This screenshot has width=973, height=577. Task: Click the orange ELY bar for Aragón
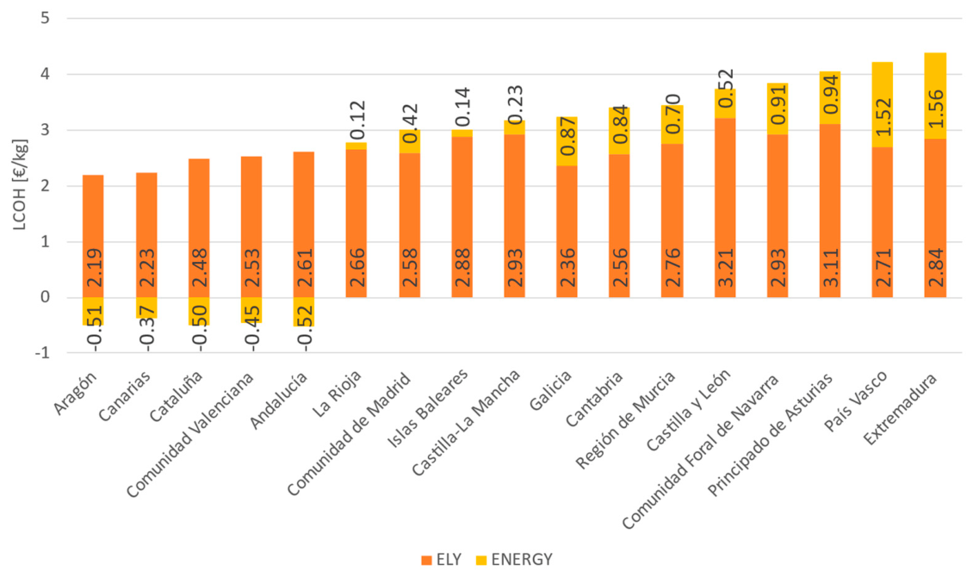coord(93,236)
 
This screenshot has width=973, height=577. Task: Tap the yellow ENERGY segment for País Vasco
coord(883,104)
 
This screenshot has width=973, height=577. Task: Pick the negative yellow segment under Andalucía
coord(303,312)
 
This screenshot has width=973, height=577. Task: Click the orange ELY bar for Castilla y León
coord(725,208)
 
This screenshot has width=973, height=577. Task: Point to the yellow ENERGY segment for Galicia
coord(567,141)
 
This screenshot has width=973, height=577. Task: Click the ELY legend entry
coord(441,560)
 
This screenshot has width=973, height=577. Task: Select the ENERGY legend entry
coord(514,560)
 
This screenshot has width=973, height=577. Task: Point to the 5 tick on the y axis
coord(45,18)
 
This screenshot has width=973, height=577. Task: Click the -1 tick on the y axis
coord(42,353)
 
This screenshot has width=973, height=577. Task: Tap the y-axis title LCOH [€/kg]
coord(20,184)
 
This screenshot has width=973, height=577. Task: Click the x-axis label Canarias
coord(124,396)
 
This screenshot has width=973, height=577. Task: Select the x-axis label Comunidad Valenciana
coord(190,435)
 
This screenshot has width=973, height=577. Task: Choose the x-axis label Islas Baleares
coord(428,408)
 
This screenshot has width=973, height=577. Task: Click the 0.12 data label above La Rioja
coord(357,121)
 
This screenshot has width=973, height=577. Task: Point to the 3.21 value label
coord(725,268)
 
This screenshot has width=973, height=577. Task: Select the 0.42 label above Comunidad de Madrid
coord(410,123)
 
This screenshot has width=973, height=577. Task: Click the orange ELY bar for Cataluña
coord(199,228)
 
